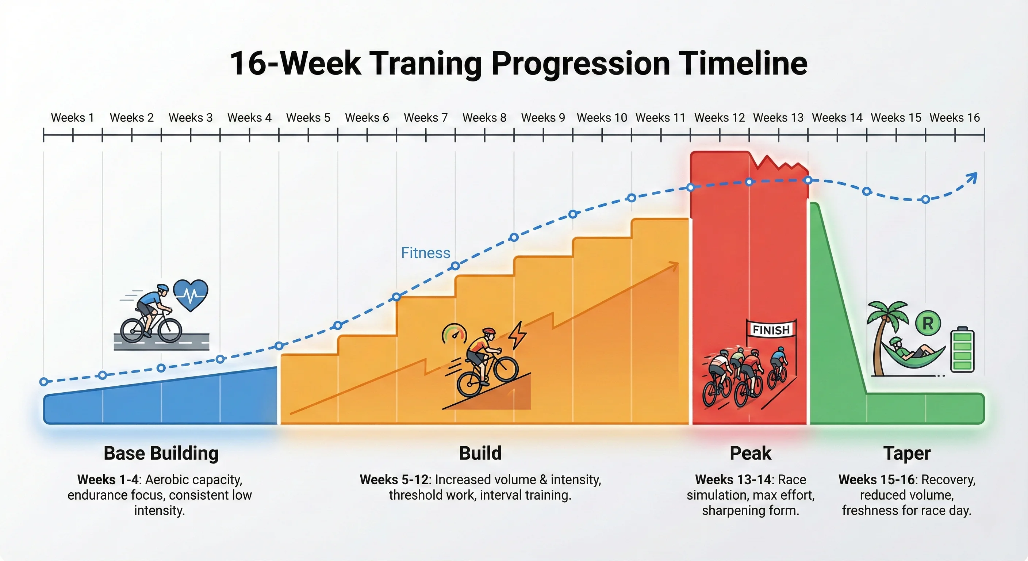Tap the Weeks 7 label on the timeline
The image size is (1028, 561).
[425, 118]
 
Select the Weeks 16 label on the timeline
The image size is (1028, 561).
[955, 118]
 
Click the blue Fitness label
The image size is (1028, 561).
[425, 253]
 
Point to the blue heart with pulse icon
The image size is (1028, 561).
[191, 295]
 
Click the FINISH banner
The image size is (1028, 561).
[771, 330]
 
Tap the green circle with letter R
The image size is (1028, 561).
[928, 324]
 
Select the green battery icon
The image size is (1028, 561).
[962, 351]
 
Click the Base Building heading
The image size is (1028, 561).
[161, 454]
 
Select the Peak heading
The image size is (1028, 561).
[750, 454]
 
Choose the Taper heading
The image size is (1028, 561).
[907, 454]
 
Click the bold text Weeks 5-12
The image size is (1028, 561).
[394, 480]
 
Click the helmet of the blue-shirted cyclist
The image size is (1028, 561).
[163, 288]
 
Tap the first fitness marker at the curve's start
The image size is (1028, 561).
[44, 382]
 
